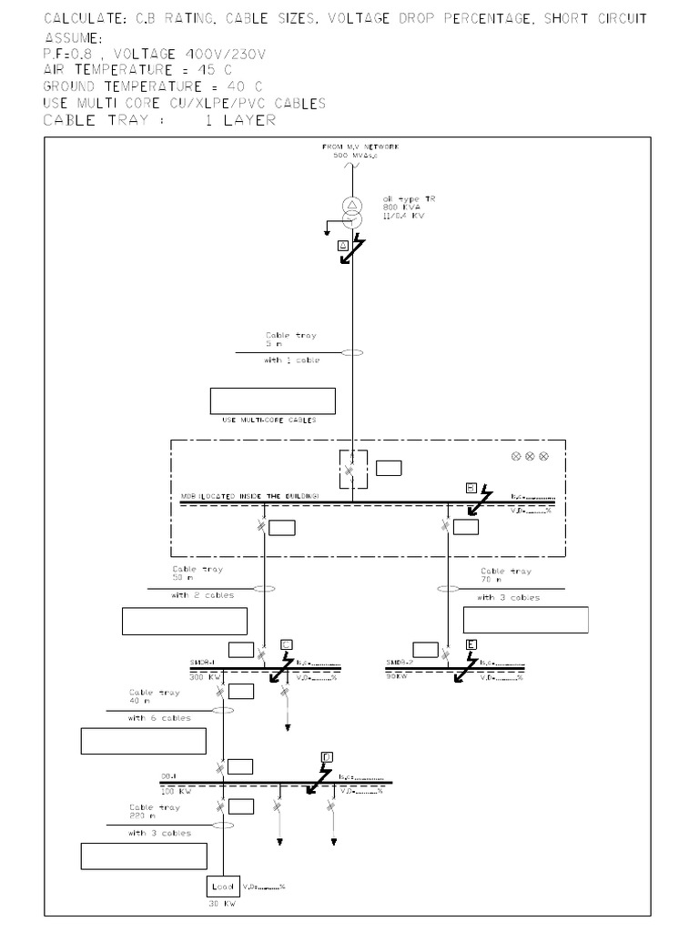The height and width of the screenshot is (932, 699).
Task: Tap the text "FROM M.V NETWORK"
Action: pos(360,147)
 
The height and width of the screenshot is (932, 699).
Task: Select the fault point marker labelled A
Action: pos(342,246)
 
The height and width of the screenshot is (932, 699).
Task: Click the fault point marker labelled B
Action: pos(470,487)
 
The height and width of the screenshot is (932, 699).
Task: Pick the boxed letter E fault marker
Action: pos(471,644)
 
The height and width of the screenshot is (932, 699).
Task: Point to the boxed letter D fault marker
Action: pos(327,757)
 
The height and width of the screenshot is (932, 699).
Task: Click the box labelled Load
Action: pos(222,886)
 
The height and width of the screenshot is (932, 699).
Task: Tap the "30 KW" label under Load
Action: pos(222,905)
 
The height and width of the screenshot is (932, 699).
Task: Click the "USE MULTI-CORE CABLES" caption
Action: pos(269,420)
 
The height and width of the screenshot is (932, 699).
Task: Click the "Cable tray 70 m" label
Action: pos(506,575)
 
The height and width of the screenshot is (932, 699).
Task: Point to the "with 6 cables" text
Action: pos(159,718)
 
